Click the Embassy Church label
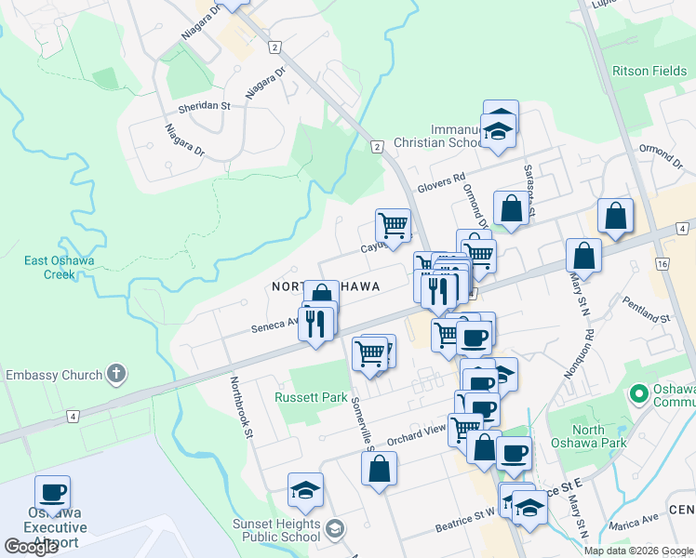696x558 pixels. coord(53,376)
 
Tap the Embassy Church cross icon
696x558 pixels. coord(115,375)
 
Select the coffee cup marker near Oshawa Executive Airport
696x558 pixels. coord(53,493)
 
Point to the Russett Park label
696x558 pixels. coord(311,397)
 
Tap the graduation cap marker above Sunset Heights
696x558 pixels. coord(305,490)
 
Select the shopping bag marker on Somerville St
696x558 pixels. coord(379,469)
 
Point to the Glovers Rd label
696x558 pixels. coord(441,183)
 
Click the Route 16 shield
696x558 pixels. coord(663,265)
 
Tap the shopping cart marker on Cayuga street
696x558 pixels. coord(394,224)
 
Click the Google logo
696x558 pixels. coord(31,547)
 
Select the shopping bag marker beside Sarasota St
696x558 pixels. coord(511,208)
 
